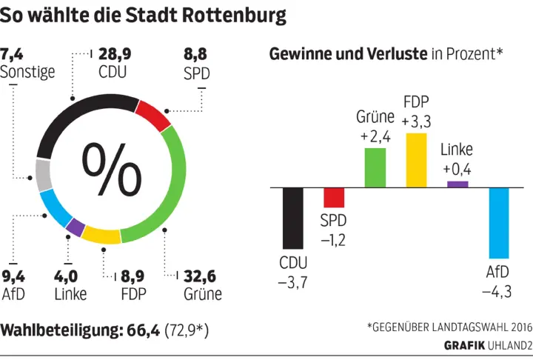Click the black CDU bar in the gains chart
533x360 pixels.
tap(294, 218)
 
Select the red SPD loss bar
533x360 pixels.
tap(335, 197)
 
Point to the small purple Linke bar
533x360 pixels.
tap(457, 184)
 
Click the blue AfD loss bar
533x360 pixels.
tap(499, 221)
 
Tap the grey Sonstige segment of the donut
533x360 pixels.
tap(44, 176)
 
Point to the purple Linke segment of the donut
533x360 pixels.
tap(75, 227)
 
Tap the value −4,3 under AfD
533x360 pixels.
tap(497, 291)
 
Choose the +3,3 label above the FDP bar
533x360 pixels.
tap(417, 120)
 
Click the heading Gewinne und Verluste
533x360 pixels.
tap(347, 53)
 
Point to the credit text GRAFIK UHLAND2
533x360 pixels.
tap(488, 345)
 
